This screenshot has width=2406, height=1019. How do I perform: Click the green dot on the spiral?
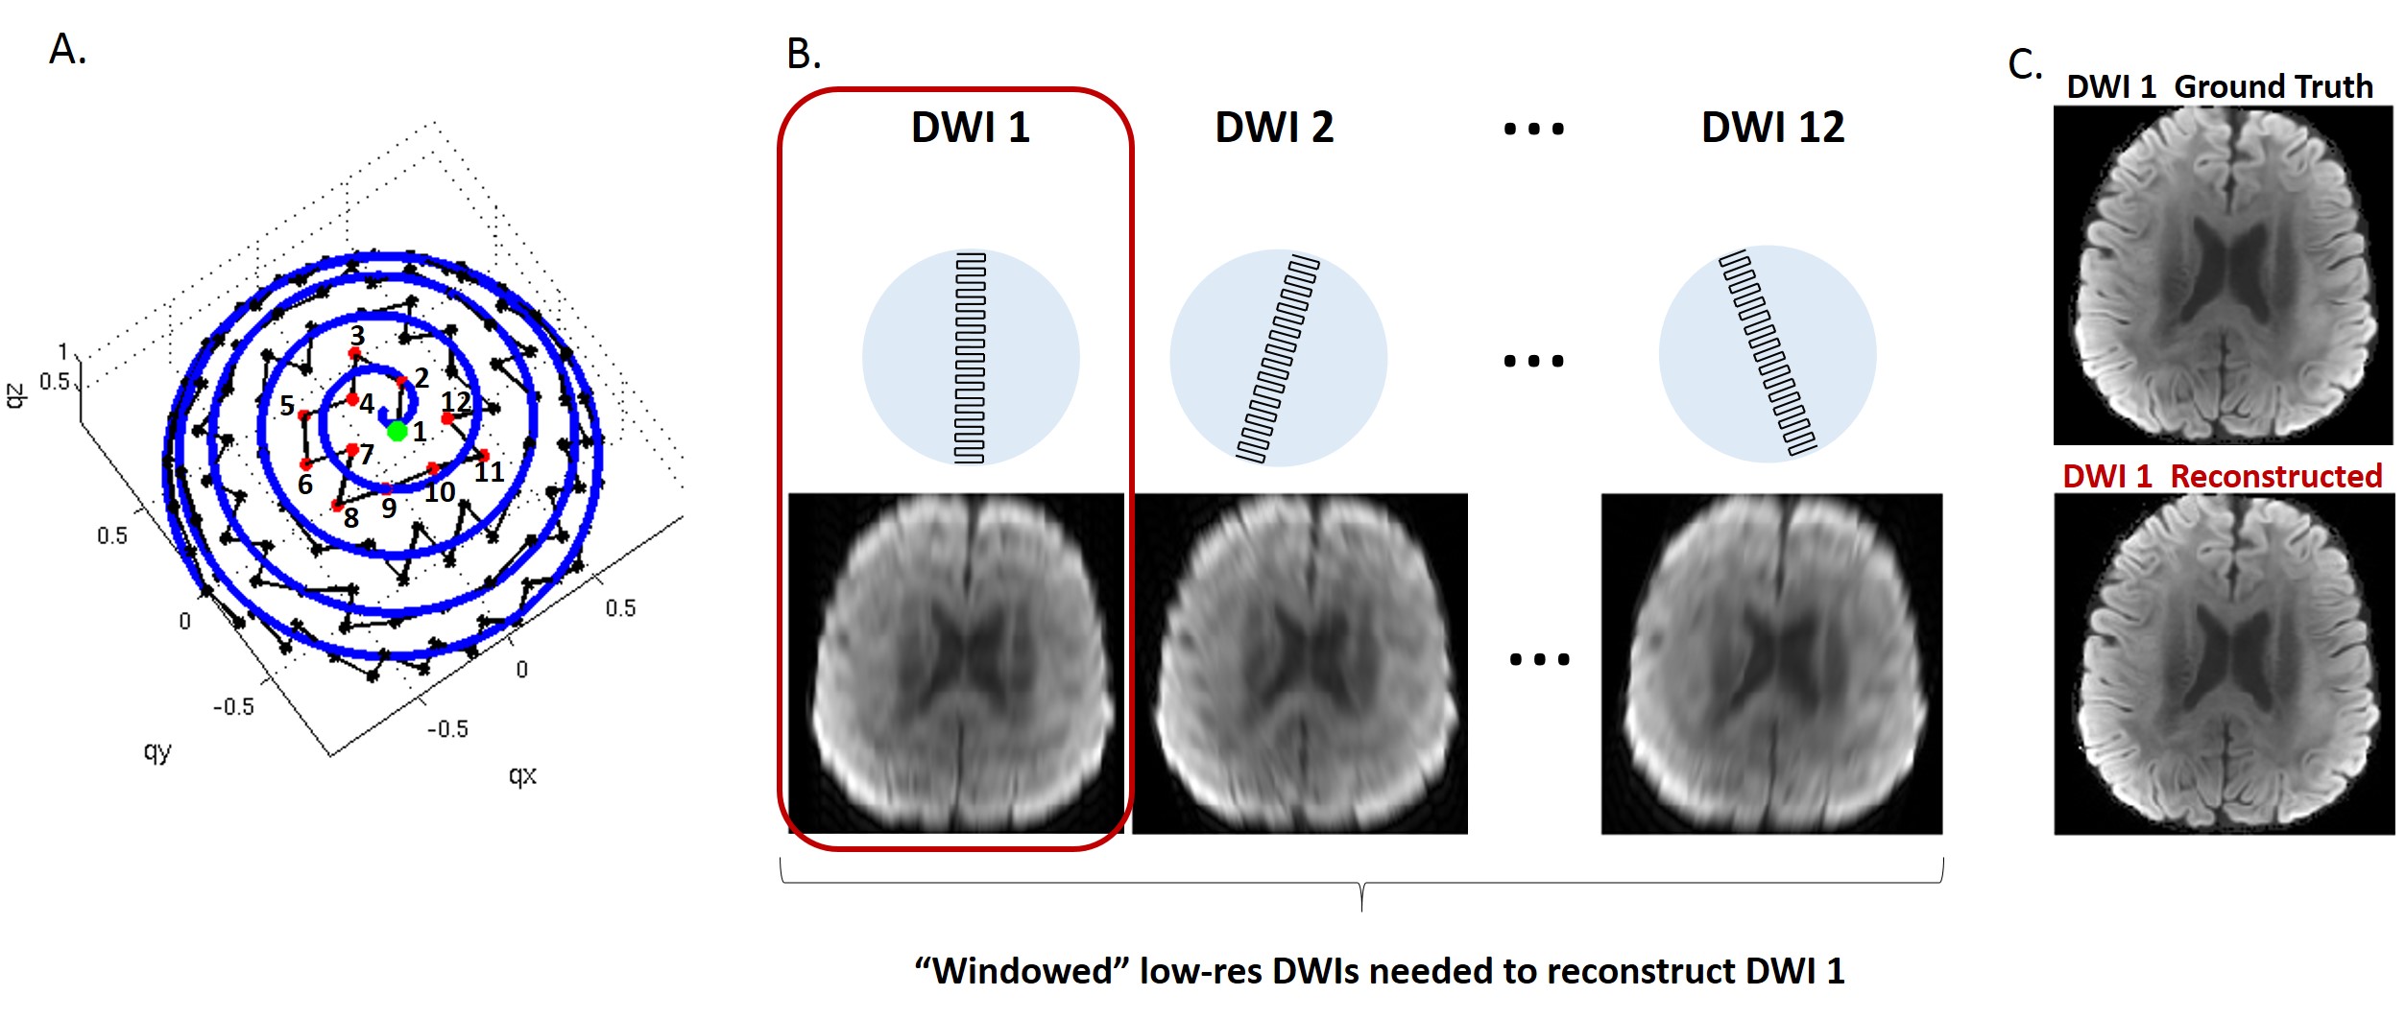click(397, 432)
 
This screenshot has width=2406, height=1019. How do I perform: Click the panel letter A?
click(67, 49)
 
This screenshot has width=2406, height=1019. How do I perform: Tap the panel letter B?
click(804, 55)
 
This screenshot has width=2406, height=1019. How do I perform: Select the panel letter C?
click(2024, 65)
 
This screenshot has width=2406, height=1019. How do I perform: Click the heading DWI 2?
click(1274, 128)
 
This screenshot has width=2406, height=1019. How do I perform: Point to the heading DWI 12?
click(1772, 128)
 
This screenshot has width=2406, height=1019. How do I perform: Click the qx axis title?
click(522, 775)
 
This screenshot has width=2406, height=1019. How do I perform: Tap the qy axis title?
click(157, 751)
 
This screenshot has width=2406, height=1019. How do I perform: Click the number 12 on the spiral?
click(456, 401)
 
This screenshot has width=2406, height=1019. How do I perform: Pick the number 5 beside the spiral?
click(287, 406)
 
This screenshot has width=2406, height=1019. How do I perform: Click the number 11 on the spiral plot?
click(489, 472)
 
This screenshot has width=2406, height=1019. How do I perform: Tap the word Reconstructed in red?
click(2275, 476)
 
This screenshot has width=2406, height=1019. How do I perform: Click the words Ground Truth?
click(2273, 86)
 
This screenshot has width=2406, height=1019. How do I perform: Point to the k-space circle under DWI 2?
click(1278, 358)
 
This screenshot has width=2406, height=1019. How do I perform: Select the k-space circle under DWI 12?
click(1767, 355)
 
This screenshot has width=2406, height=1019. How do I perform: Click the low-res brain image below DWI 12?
click(1771, 663)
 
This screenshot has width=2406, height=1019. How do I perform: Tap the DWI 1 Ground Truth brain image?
click(2223, 275)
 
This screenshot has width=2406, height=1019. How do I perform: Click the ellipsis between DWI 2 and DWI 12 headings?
click(1533, 129)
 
